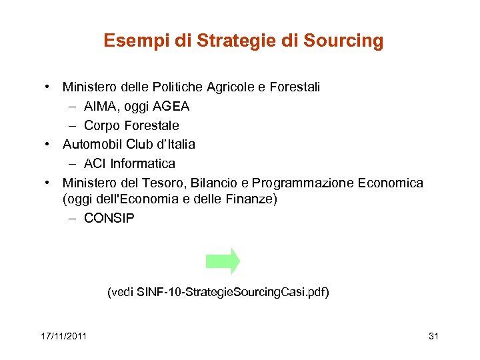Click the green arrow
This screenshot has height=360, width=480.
click(x=223, y=261)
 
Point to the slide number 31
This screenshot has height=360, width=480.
click(x=433, y=335)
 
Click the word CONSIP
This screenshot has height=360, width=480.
click(x=109, y=218)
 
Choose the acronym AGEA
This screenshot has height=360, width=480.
click(x=171, y=106)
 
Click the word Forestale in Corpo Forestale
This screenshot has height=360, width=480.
click(x=151, y=125)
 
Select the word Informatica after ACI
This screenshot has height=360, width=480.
click(x=143, y=163)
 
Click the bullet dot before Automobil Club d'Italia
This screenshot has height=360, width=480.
click(x=50, y=144)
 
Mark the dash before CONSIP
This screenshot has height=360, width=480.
click(x=71, y=218)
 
